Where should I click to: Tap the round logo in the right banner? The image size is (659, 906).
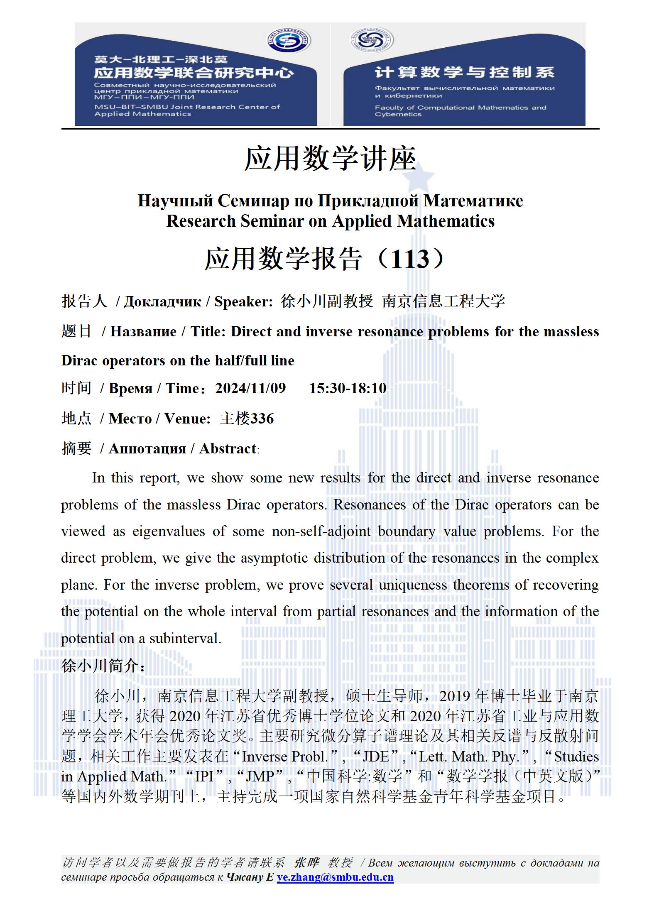coord(371,41)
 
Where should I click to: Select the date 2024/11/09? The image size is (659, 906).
coord(250,388)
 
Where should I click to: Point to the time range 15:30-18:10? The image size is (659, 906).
coord(348,388)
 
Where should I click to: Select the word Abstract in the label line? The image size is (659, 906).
coord(228,449)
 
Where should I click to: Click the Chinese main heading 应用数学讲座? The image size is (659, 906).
coord(330,159)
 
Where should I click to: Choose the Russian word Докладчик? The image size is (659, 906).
coord(162,302)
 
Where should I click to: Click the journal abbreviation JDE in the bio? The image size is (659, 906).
coord(375,757)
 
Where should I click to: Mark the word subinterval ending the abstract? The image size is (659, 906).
coord(184,638)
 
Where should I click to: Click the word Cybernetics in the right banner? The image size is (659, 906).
coord(398,115)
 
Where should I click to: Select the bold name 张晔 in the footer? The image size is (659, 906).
coord(306,863)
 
